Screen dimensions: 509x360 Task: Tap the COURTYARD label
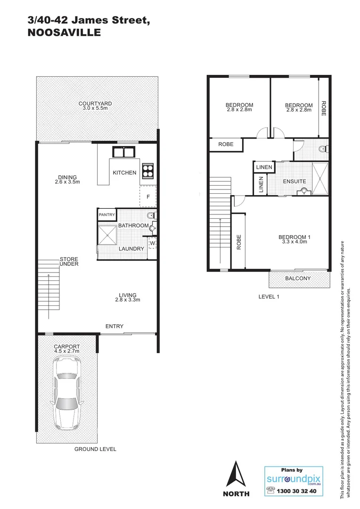pyautogui.click(x=95, y=104)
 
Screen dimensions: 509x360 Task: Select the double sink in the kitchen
pyautogui.click(x=123, y=152)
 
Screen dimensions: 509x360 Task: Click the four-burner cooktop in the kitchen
pyautogui.click(x=148, y=170)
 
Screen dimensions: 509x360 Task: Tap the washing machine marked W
pyautogui.click(x=152, y=243)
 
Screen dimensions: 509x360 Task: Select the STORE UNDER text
pyautogui.click(x=69, y=262)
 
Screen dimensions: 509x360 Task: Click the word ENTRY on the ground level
pyautogui.click(x=115, y=326)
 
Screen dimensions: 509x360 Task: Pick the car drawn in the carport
pyautogui.click(x=67, y=390)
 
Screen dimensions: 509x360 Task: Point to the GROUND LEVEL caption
pyautogui.click(x=95, y=449)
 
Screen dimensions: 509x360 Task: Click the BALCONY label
pyautogui.click(x=298, y=279)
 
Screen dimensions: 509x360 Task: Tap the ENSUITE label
pyautogui.click(x=295, y=181)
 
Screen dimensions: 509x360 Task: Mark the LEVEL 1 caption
pyautogui.click(x=270, y=297)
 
